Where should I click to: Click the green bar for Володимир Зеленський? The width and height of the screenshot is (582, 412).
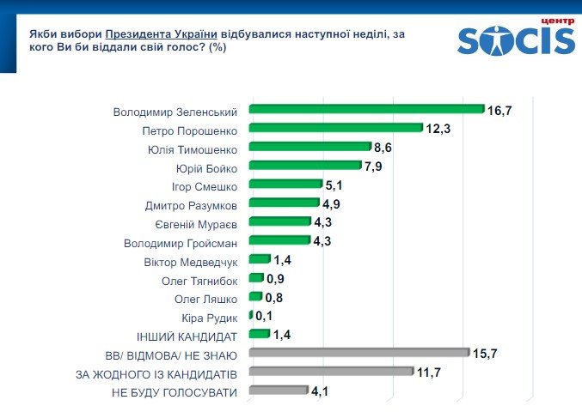(367, 109)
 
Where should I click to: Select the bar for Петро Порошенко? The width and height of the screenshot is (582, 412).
(336, 128)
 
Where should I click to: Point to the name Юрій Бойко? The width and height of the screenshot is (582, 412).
(206, 167)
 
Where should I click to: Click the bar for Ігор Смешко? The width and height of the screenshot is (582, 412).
(285, 185)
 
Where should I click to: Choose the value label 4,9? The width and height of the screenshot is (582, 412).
(332, 203)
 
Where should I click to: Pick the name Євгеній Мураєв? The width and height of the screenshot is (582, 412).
(196, 222)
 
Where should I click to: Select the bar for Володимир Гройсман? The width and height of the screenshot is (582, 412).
(279, 241)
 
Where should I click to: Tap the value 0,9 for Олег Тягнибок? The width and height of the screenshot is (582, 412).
(276, 279)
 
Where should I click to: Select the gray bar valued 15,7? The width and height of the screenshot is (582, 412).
(359, 353)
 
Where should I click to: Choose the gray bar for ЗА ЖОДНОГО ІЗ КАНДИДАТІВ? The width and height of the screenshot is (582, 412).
(331, 372)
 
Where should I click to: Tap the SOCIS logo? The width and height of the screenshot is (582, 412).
(515, 39)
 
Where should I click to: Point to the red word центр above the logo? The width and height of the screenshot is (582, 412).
(555, 19)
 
